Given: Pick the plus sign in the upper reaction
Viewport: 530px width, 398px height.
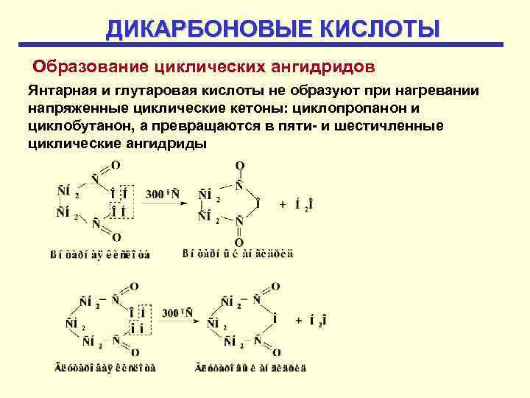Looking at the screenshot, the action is pyautogui.click(x=283, y=204).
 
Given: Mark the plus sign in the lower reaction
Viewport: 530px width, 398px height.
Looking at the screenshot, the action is pyautogui.click(x=298, y=321).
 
